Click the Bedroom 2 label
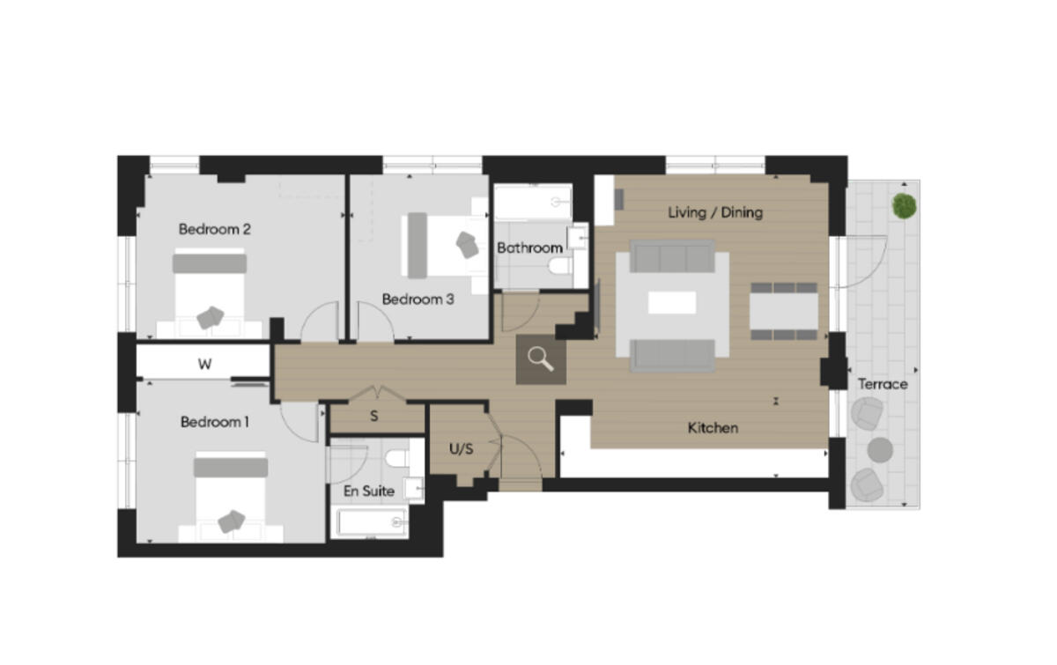point(215,229)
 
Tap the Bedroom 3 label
point(418,299)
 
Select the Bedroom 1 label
point(215,422)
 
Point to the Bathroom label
point(528,248)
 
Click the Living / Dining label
point(715,212)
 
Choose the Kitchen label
point(713,428)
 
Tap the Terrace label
point(883,384)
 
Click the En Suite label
point(369,491)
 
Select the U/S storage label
point(462,448)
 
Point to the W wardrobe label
point(204,364)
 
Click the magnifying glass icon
point(541,359)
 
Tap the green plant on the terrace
point(903,206)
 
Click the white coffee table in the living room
point(672,303)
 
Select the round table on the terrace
point(880,449)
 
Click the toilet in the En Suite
point(397,459)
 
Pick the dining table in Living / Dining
point(783,311)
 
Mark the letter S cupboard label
point(374,416)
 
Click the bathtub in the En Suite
point(369,522)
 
